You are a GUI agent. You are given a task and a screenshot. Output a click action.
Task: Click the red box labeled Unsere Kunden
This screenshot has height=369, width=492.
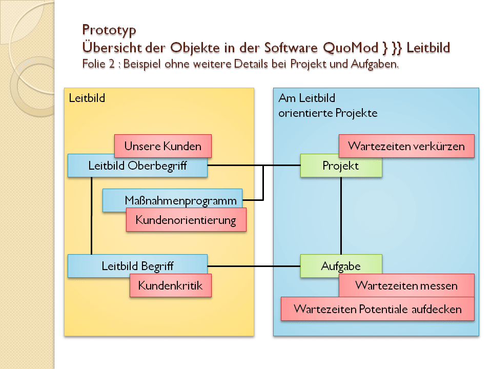pyautogui.click(x=163, y=146)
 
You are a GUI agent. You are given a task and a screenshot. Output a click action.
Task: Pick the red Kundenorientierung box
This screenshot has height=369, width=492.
pyautogui.click(x=186, y=220)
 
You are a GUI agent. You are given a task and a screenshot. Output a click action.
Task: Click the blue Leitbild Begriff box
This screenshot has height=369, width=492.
pyautogui.click(x=137, y=266)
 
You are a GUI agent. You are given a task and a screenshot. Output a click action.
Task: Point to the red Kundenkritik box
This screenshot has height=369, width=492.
pyautogui.click(x=171, y=285)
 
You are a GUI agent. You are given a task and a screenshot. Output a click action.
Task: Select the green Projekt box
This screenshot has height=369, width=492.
pyautogui.click(x=341, y=166)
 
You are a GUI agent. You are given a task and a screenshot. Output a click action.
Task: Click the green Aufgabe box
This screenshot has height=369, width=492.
pyautogui.click(x=341, y=266)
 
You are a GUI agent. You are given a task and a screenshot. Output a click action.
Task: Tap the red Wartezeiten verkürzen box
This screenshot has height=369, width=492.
pyautogui.click(x=406, y=146)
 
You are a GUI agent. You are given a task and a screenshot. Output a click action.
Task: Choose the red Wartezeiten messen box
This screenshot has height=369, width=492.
pyautogui.click(x=406, y=285)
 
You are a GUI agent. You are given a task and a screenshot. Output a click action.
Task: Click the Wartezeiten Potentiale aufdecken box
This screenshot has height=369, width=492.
pyautogui.click(x=377, y=309)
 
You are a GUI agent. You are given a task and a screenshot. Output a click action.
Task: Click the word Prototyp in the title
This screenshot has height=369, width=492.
pyautogui.click(x=109, y=30)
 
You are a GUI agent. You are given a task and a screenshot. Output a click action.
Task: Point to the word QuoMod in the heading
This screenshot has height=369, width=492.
pyautogui.click(x=351, y=48)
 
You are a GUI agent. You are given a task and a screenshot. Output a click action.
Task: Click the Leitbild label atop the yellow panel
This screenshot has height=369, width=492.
pyautogui.click(x=87, y=97)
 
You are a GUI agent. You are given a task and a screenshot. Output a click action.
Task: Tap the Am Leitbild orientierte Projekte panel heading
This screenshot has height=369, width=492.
pyautogui.click(x=328, y=105)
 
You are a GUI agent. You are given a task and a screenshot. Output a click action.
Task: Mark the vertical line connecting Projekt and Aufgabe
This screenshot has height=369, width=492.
pyautogui.click(x=341, y=215)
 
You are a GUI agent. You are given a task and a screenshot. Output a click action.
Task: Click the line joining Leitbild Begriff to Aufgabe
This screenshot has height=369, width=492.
pyautogui.click(x=254, y=266)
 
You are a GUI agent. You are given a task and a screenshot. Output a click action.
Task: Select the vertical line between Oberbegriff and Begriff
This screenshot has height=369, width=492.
pyautogui.click(x=91, y=215)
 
